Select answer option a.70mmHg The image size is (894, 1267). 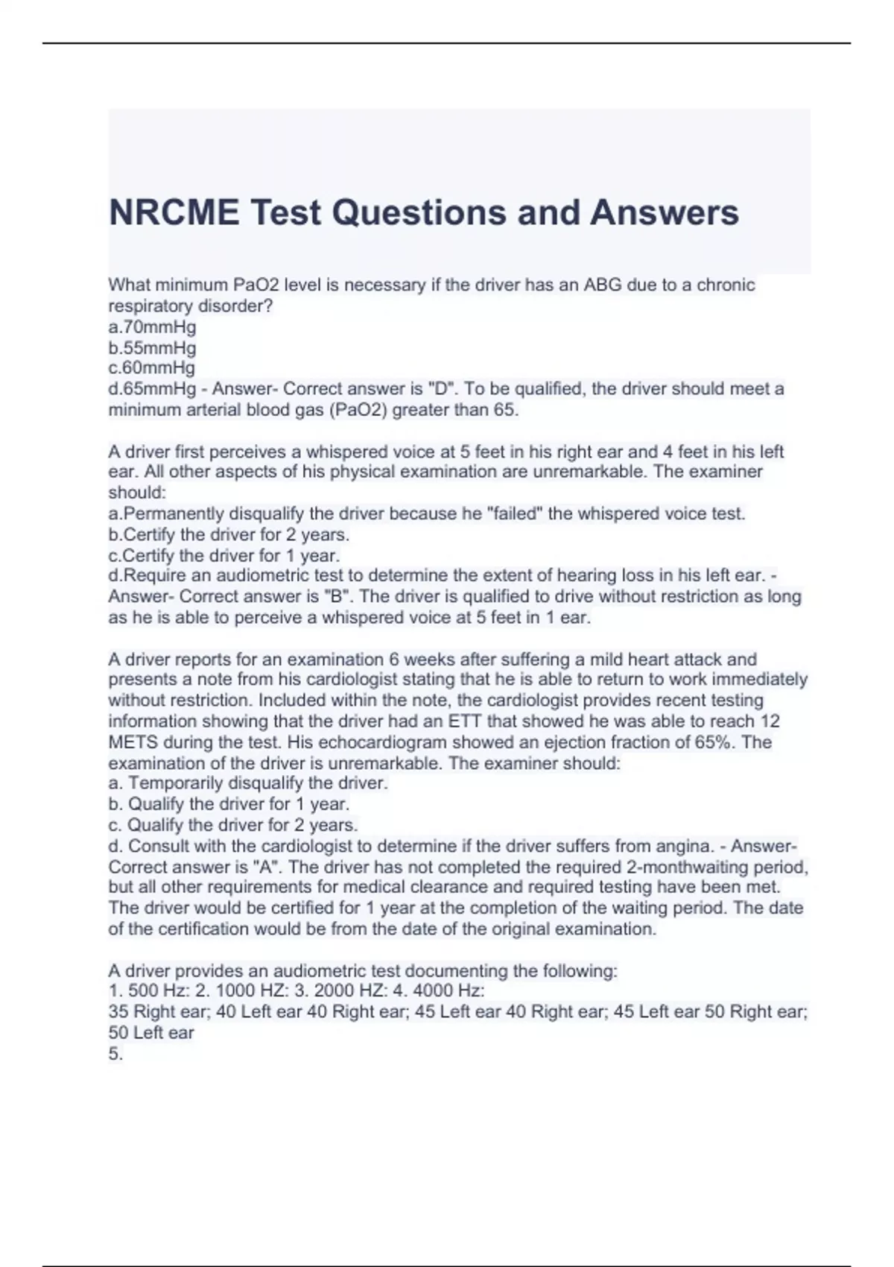152,327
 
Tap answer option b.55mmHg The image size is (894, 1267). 152,348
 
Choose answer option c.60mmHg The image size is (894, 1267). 152,368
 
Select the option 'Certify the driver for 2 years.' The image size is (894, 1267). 229,535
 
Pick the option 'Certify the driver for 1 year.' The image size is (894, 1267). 224,556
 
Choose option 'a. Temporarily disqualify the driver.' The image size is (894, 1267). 248,783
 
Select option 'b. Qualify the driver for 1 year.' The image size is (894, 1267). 229,804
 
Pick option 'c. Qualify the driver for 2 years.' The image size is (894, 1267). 233,825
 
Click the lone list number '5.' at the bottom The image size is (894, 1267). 115,1054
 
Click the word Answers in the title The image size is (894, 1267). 665,213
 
